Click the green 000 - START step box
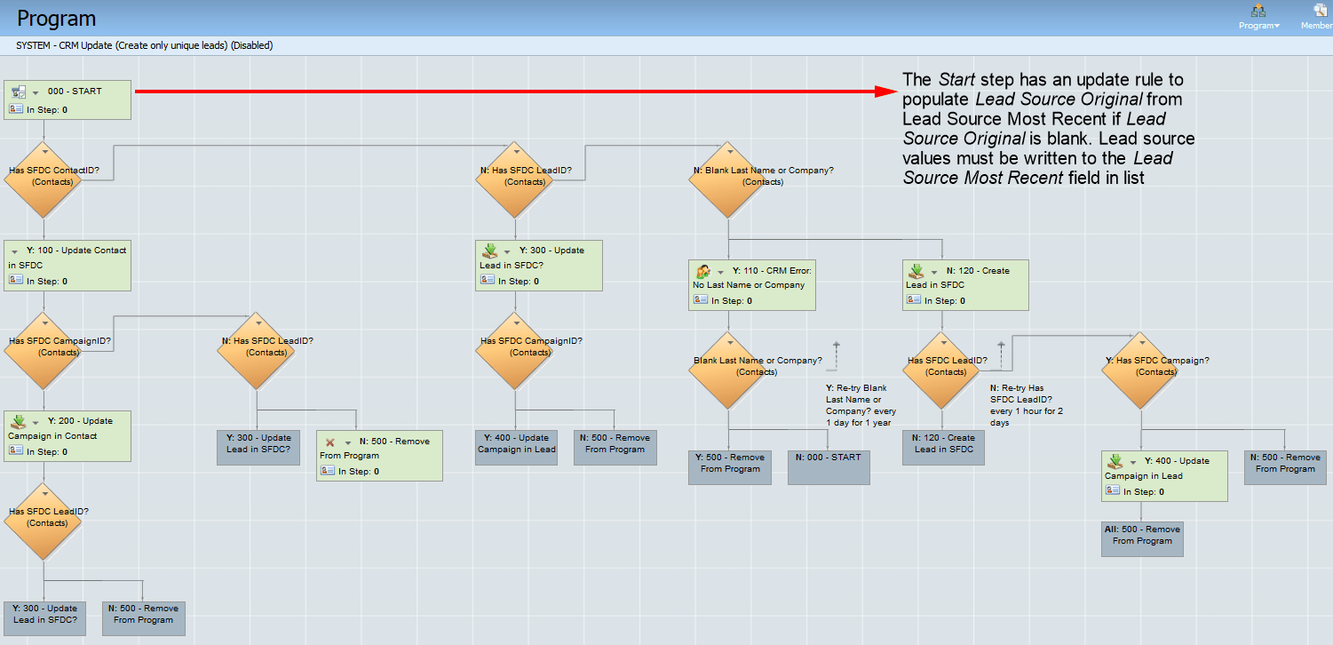pos(67,100)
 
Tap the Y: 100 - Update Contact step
pos(67,265)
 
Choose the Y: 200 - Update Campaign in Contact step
pos(67,435)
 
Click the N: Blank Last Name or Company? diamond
pos(728,179)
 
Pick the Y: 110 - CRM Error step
pos(751,284)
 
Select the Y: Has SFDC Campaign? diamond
pos(1141,369)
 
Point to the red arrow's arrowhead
pos(889,91)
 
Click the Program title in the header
pos(57,18)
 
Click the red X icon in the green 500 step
pos(329,442)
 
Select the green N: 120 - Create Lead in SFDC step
pos(965,285)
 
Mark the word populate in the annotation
pos(935,100)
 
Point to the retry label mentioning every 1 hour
pos(1027,405)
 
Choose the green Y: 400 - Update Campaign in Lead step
pos(1164,475)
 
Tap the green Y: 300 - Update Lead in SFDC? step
pos(540,265)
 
